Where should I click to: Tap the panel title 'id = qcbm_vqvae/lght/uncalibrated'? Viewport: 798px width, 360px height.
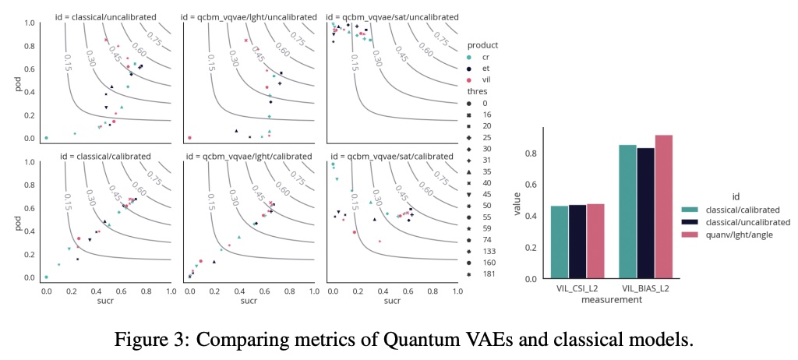point(249,16)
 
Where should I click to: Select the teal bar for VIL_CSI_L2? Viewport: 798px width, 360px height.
point(560,242)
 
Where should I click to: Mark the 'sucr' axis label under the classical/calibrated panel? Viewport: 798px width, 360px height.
point(107,300)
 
